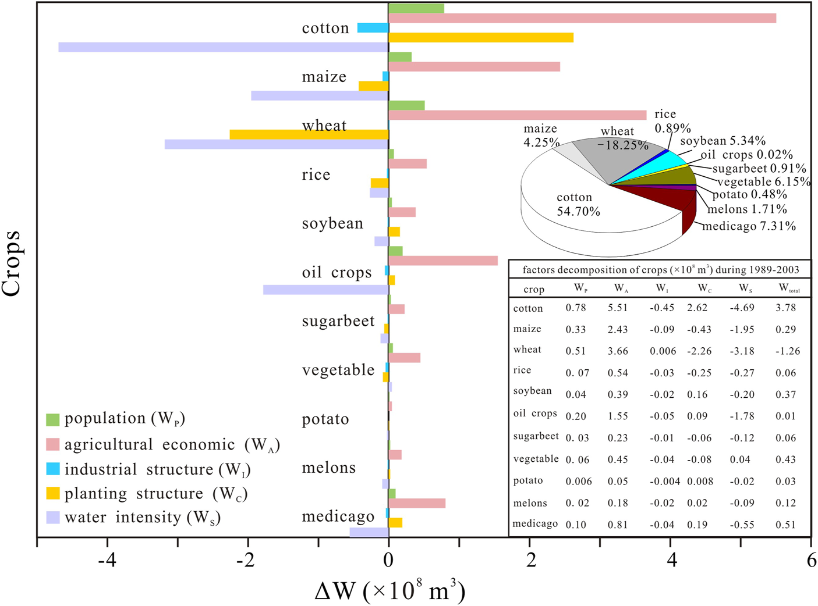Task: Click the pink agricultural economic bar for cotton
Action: pyautogui.click(x=582, y=18)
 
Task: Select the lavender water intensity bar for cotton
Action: pyautogui.click(x=224, y=47)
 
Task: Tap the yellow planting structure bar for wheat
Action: pyautogui.click(x=309, y=134)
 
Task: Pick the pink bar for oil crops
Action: pyautogui.click(x=443, y=261)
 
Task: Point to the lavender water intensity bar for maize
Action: pyautogui.click(x=320, y=95)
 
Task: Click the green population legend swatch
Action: pyautogui.click(x=53, y=419)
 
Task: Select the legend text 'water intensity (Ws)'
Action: pyautogui.click(x=143, y=518)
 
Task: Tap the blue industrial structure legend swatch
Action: pyautogui.click(x=53, y=469)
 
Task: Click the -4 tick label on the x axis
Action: pyautogui.click(x=107, y=561)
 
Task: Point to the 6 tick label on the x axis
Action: pyautogui.click(x=811, y=561)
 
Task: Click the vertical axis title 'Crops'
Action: pyautogui.click(x=12, y=263)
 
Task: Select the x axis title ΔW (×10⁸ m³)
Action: pyautogui.click(x=390, y=591)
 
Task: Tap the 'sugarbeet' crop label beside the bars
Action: pyautogui.click(x=338, y=322)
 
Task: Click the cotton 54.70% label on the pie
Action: pyautogui.click(x=578, y=205)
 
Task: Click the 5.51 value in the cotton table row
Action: pyautogui.click(x=618, y=308)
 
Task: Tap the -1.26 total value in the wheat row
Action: pyautogui.click(x=787, y=351)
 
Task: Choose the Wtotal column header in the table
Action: pyautogui.click(x=789, y=288)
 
